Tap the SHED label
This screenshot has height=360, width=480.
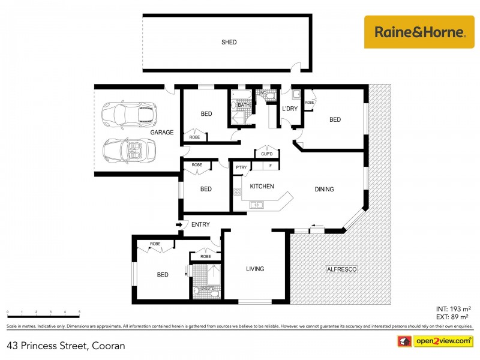(x=229, y=42)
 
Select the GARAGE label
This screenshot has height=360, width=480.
(x=162, y=132)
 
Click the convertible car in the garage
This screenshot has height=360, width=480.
(x=129, y=150)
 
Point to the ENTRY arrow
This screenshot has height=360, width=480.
(x=179, y=224)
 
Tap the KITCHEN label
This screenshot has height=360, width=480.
(x=262, y=187)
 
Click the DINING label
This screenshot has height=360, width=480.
(x=324, y=190)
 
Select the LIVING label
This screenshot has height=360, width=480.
(x=255, y=269)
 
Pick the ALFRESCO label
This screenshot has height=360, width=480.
(x=342, y=270)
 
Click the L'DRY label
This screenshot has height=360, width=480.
(x=290, y=109)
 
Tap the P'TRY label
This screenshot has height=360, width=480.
(x=242, y=167)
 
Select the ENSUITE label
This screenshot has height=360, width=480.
(x=208, y=289)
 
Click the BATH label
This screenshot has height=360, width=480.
(x=244, y=105)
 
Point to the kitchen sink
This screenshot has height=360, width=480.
(x=257, y=205)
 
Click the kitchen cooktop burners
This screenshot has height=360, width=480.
(x=237, y=192)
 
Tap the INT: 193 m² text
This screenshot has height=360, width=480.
(x=453, y=308)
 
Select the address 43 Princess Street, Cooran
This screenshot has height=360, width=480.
(x=66, y=346)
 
